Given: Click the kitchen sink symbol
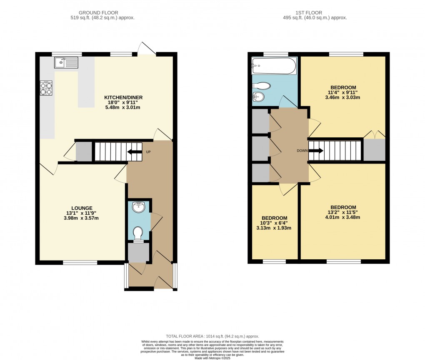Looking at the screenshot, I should click(66, 63).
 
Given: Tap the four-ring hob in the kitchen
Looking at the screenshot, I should click(46, 88).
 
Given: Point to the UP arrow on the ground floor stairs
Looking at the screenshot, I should click(134, 152).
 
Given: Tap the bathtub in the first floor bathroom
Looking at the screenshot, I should click(274, 66).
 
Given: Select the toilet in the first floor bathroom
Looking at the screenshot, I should click(262, 86).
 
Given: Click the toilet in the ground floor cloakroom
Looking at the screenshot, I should click(138, 233).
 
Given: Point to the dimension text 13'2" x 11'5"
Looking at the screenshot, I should click(343, 212).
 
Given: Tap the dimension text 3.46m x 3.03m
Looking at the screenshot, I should click(342, 98).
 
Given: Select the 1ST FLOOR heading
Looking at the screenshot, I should click(315, 13).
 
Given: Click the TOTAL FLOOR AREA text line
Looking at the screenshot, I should click(212, 336).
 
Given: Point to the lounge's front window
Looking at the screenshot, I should click(80, 262).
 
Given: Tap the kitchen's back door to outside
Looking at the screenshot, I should click(147, 50).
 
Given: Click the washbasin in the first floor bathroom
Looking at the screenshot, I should click(259, 97).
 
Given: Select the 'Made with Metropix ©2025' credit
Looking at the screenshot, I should click(212, 357).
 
